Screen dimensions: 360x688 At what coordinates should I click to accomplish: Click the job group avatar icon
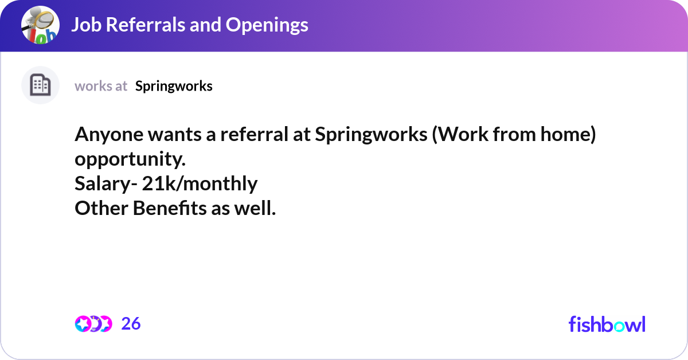[40, 25]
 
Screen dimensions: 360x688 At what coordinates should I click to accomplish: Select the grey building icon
[40, 85]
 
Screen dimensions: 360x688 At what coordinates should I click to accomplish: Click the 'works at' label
[101, 86]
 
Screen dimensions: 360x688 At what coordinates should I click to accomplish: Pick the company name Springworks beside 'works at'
[174, 86]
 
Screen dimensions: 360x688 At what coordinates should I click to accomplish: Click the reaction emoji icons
[93, 324]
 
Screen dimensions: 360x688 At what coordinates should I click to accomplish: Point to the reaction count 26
[131, 324]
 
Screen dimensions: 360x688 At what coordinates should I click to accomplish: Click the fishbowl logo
[607, 324]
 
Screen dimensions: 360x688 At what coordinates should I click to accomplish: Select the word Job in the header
[85, 25]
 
